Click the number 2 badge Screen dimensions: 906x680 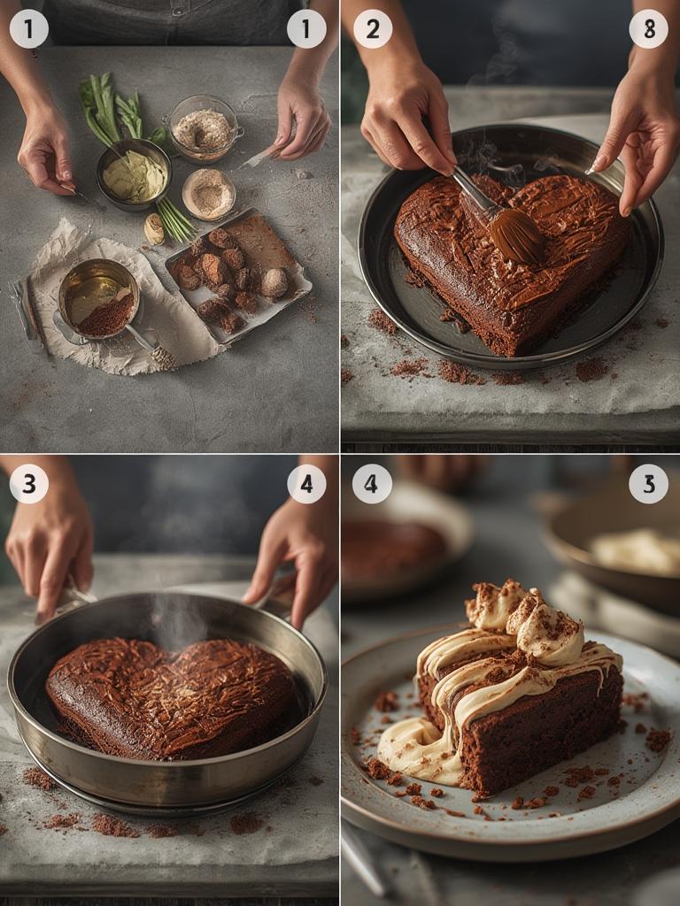pyautogui.click(x=373, y=29)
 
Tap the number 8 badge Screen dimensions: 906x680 pyautogui.click(x=648, y=29)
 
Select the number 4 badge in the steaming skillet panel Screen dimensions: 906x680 pyautogui.click(x=306, y=484)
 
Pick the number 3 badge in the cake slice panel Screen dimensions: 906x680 pyautogui.click(x=648, y=484)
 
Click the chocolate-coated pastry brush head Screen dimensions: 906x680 pyautogui.click(x=517, y=235)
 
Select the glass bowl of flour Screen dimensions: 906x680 pyautogui.click(x=204, y=129)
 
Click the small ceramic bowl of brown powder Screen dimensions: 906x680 pyautogui.click(x=208, y=194)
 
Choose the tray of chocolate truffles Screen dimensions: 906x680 pyautogui.click(x=236, y=274)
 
